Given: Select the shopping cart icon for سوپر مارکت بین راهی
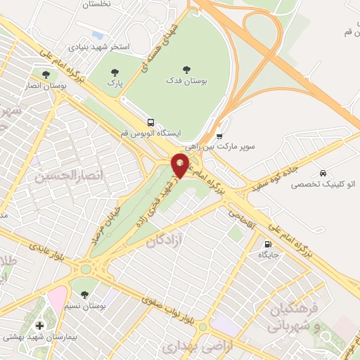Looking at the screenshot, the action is click(x=219, y=136).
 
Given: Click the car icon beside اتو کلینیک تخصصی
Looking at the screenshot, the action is click(x=322, y=173).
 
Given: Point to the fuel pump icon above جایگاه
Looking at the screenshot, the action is click(x=266, y=245).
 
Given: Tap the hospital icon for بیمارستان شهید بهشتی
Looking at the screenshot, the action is click(x=39, y=325).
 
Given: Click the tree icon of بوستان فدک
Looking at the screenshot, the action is click(x=186, y=69).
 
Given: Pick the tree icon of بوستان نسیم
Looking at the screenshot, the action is click(x=85, y=292).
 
